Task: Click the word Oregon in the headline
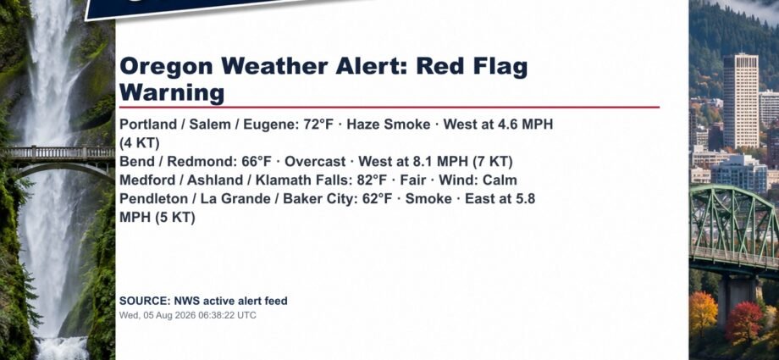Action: pyautogui.click(x=167, y=67)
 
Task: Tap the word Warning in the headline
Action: pyautogui.click(x=172, y=92)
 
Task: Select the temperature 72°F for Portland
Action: pyautogui.click(x=318, y=125)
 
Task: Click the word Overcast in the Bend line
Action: pyautogui.click(x=315, y=162)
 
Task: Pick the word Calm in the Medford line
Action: pyautogui.click(x=500, y=180)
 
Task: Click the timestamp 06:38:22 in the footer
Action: pyautogui.click(x=218, y=315)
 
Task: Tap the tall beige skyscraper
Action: pyautogui.click(x=740, y=101)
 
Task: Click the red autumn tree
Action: pyautogui.click(x=743, y=322)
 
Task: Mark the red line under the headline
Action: pyautogui.click(x=389, y=107)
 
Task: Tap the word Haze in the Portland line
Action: pyautogui.click(x=363, y=125)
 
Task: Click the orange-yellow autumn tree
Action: pyautogui.click(x=703, y=313)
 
